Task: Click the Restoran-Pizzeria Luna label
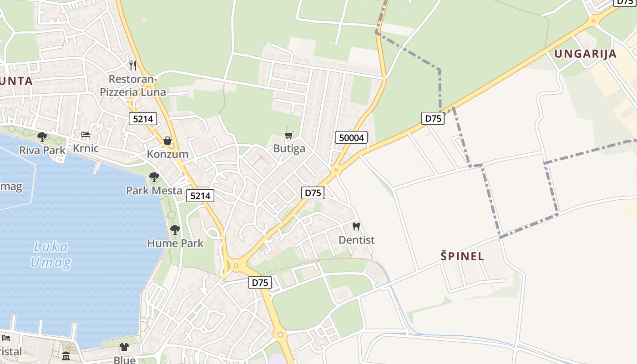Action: [x=133, y=86]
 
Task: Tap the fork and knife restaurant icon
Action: [x=133, y=65]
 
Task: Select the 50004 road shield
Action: [x=351, y=137]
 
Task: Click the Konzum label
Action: [x=167, y=154]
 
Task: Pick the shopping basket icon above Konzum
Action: [x=167, y=141]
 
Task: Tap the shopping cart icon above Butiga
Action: [x=288, y=135]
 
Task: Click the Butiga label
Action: [x=289, y=148]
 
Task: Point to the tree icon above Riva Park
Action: [x=42, y=136]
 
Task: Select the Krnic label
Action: [x=86, y=148]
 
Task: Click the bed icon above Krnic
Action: [x=86, y=135]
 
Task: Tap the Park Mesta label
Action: [x=154, y=190]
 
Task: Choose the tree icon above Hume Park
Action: [x=175, y=230]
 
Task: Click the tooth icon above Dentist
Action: [x=356, y=226]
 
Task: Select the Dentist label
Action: [x=356, y=239]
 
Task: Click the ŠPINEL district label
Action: [x=462, y=256]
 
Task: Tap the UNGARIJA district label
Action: [x=585, y=54]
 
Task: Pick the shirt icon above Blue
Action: [x=124, y=347]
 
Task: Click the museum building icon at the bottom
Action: [x=66, y=355]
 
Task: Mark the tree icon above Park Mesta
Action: [x=154, y=177]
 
